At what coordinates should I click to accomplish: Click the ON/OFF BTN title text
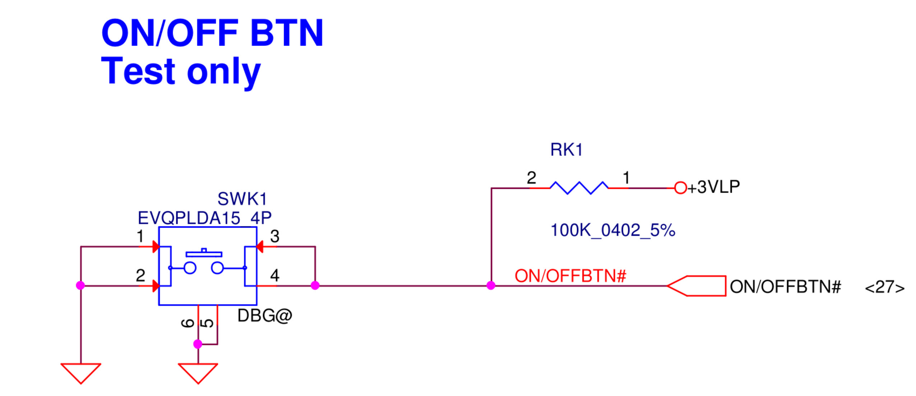212,33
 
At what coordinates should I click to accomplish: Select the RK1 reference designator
566,149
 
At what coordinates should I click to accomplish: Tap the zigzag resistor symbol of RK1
578,187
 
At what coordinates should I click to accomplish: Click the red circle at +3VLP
680,187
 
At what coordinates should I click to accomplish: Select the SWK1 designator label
242,199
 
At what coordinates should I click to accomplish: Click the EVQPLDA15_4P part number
204,218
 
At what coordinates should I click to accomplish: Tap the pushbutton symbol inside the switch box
204,262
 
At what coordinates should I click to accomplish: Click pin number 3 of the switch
275,236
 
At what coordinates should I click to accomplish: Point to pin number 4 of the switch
275,275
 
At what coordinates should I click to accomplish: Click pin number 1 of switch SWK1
140,236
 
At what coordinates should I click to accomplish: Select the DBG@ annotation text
265,316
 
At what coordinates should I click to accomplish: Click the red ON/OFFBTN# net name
570,276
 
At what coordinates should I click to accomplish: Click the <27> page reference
884,287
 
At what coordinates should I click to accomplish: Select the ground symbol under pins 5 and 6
198,372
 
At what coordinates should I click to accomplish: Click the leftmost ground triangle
81,372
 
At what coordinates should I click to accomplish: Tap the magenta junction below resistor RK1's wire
490,285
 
